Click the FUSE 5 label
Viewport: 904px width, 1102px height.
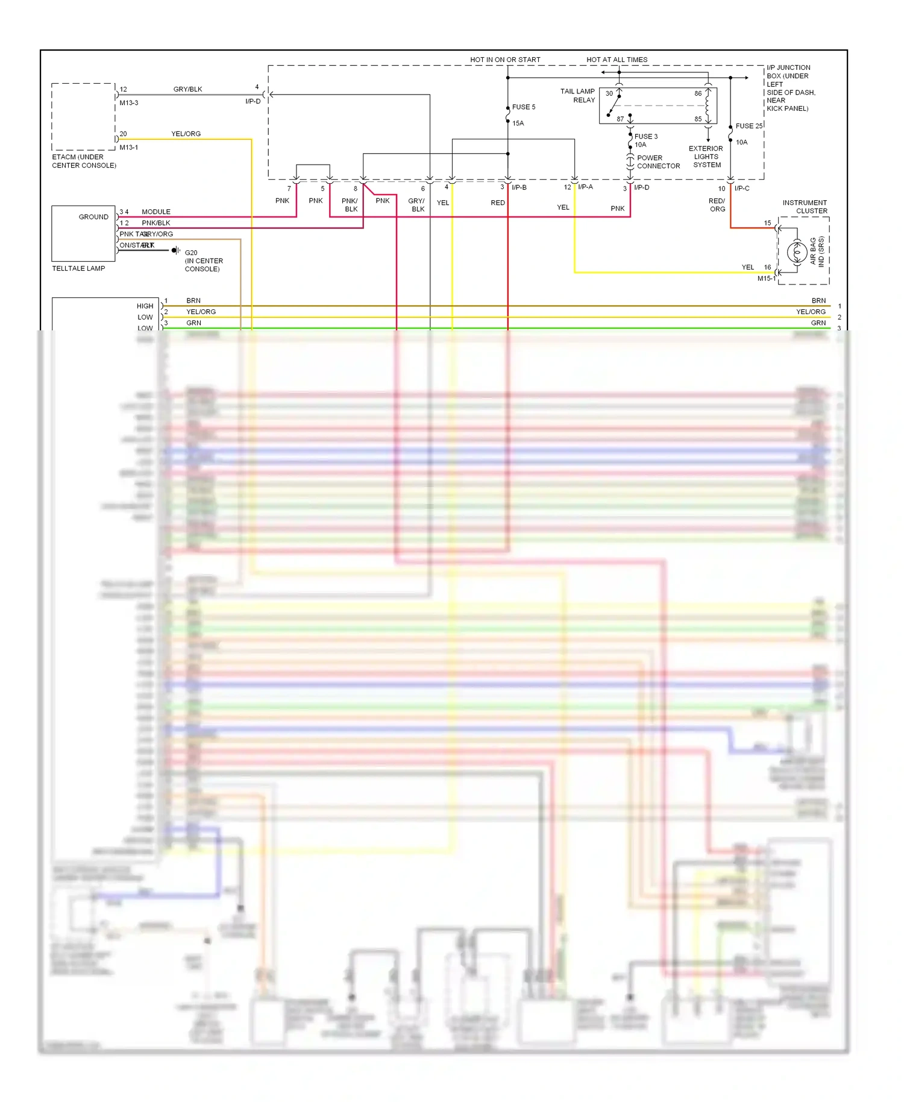(523, 107)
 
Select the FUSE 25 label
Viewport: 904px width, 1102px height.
(749, 126)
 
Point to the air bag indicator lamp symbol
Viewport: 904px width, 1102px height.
(797, 252)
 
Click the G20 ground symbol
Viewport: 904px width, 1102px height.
(175, 250)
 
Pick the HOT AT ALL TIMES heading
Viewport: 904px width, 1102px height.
(617, 60)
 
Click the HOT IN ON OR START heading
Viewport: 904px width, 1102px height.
(505, 60)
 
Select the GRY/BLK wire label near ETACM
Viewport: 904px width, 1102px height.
(187, 89)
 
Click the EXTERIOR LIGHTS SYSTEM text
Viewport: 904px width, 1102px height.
(706, 157)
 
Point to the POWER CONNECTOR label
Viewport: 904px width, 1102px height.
(658, 162)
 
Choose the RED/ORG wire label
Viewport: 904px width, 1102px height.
(717, 205)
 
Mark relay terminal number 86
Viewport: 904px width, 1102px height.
(697, 93)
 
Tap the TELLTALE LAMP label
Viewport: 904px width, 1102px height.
(78, 268)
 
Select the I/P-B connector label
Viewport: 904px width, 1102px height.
(519, 187)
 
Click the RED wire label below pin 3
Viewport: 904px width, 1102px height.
(497, 203)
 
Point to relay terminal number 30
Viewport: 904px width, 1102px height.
(609, 93)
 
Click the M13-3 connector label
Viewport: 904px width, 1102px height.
(128, 103)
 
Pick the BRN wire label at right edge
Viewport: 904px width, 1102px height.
(818, 300)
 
